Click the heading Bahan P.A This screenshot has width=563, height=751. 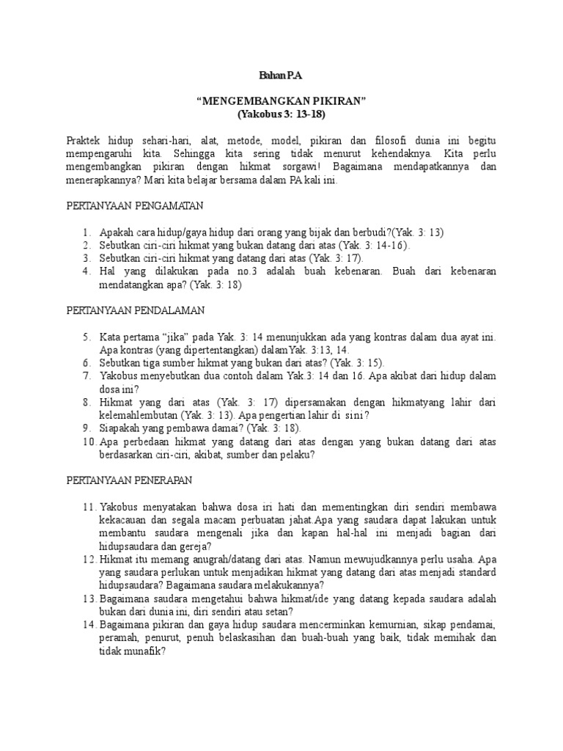click(x=281, y=75)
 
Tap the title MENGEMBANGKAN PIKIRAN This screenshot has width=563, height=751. click(x=281, y=101)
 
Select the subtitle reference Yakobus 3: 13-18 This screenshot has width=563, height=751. click(x=281, y=114)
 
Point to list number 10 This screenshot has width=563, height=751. click(x=88, y=442)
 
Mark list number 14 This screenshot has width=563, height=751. click(x=88, y=624)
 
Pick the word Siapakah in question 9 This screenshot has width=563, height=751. click(x=122, y=429)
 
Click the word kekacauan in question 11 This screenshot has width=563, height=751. click(x=126, y=521)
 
